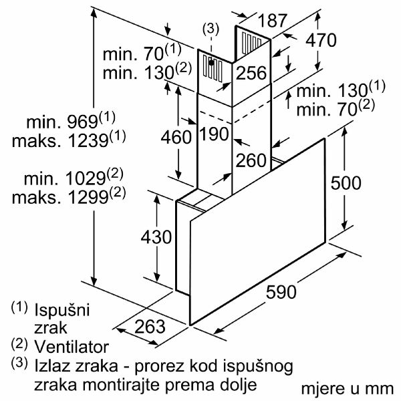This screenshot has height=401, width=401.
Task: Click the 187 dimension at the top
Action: pyautogui.click(x=273, y=21)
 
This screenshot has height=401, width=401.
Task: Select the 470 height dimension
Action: pyautogui.click(x=321, y=40)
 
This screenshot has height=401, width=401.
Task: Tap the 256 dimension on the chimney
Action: pyautogui.click(x=251, y=73)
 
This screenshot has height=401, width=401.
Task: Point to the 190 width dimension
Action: pyautogui.click(x=214, y=134)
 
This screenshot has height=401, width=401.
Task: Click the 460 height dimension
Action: pyautogui.click(x=176, y=136)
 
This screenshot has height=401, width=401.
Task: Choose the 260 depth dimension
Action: pyautogui.click(x=251, y=160)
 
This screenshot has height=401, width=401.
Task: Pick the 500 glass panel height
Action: pyautogui.click(x=346, y=182)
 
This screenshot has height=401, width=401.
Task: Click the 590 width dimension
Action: pyautogui.click(x=281, y=292)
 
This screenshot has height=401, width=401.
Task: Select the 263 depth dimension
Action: pyautogui.click(x=150, y=326)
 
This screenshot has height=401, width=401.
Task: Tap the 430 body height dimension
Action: pyautogui.click(x=156, y=237)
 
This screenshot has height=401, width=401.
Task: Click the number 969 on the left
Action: pyautogui.click(x=82, y=122)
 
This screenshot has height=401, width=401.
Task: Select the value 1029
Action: pyautogui.click(x=86, y=178)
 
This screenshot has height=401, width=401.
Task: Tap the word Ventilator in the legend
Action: pyautogui.click(x=72, y=347)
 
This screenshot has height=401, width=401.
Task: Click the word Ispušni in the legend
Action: pyautogui.click(x=62, y=310)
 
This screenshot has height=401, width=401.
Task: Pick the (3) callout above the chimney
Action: pyautogui.click(x=211, y=29)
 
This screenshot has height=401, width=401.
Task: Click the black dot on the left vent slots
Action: pyautogui.click(x=211, y=62)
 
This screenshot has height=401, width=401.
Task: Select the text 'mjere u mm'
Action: pyautogui.click(x=348, y=389)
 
